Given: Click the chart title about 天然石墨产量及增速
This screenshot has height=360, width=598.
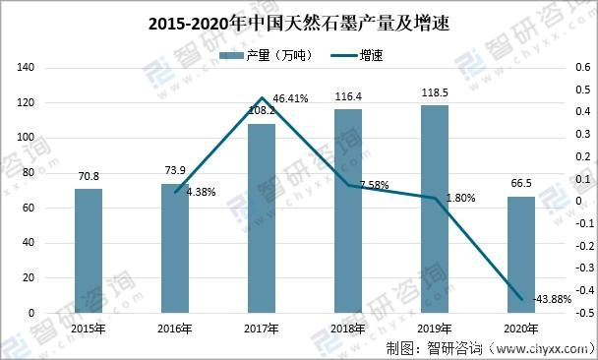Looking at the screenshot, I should pyautogui.click(x=298, y=22).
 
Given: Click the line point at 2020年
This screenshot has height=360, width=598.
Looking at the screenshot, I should pyautogui.click(x=521, y=299).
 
